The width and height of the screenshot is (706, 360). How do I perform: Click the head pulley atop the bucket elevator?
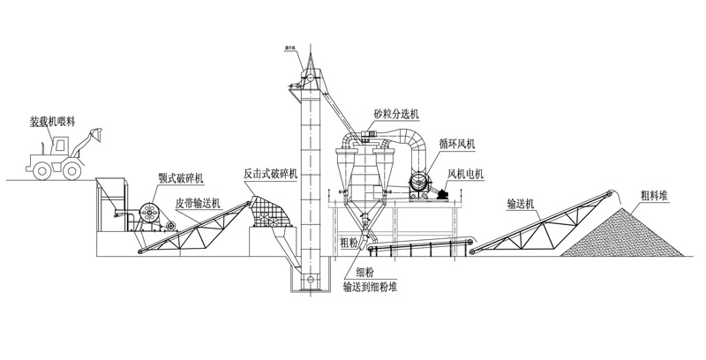[306, 79]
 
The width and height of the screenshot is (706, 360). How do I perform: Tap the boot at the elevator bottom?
[309, 281]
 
